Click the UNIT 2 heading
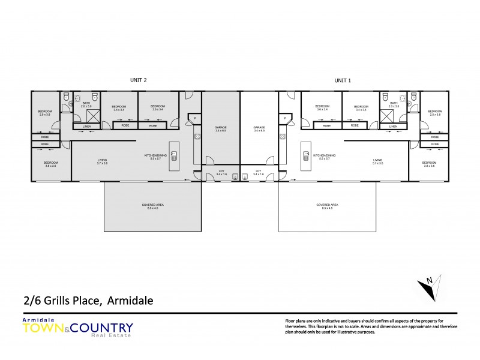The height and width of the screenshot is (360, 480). (x=139, y=80)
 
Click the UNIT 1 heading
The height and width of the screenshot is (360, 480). (x=343, y=80)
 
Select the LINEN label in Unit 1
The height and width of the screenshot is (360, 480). (x=393, y=126)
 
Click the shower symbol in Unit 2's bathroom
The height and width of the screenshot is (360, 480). (x=93, y=115)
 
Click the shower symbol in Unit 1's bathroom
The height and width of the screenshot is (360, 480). (x=387, y=115)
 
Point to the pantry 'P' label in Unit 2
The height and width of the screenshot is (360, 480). (x=196, y=119)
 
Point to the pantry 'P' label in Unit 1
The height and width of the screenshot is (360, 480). (x=284, y=119)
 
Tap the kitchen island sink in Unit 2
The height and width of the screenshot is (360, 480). (x=174, y=157)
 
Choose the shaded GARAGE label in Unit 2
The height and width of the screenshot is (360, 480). (x=220, y=128)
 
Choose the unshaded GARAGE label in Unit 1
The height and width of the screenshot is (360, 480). (x=259, y=128)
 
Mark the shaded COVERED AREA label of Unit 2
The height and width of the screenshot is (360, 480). (x=153, y=206)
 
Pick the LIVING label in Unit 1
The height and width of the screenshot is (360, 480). (x=377, y=161)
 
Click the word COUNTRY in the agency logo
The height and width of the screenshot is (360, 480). (x=104, y=328)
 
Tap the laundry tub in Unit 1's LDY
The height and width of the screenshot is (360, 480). (x=247, y=176)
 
